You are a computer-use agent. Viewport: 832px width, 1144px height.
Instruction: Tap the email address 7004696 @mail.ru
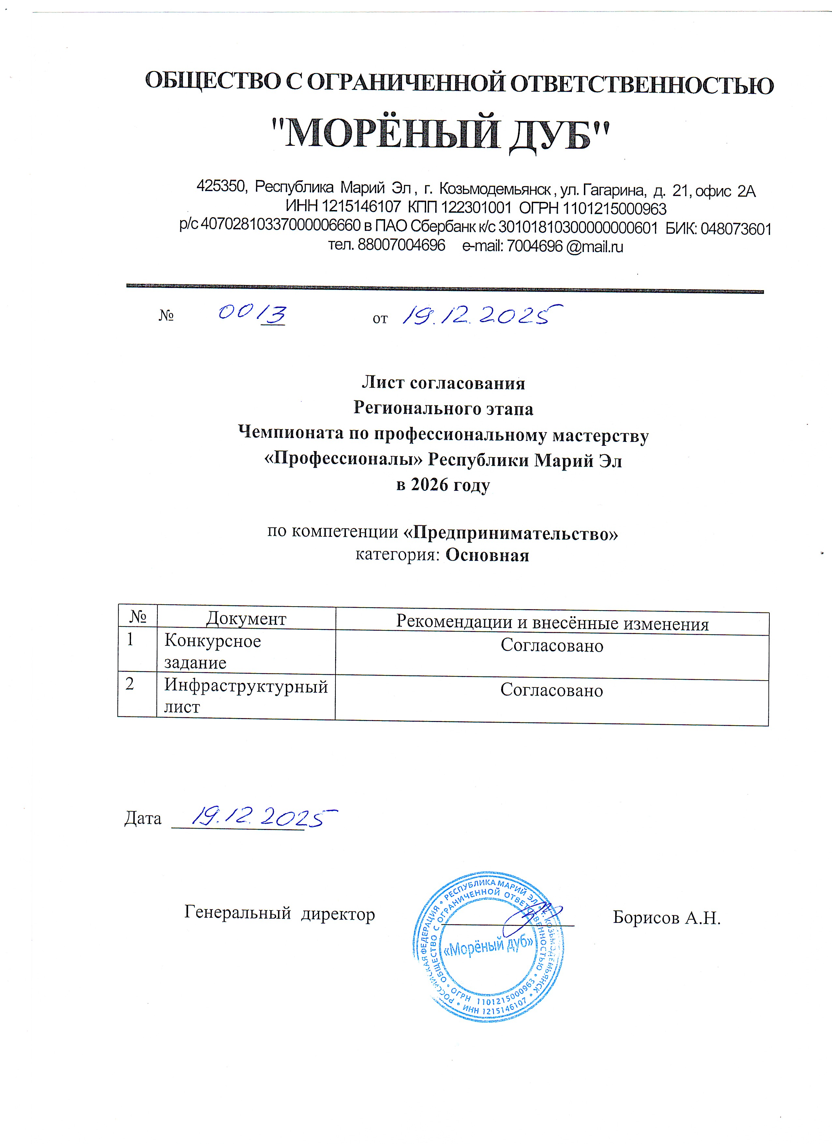565,247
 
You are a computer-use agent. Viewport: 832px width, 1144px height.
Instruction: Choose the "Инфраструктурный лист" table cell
245,696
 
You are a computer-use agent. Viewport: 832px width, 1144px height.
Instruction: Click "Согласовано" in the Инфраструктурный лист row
552,690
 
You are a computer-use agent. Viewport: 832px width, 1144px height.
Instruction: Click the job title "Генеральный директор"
279,913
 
